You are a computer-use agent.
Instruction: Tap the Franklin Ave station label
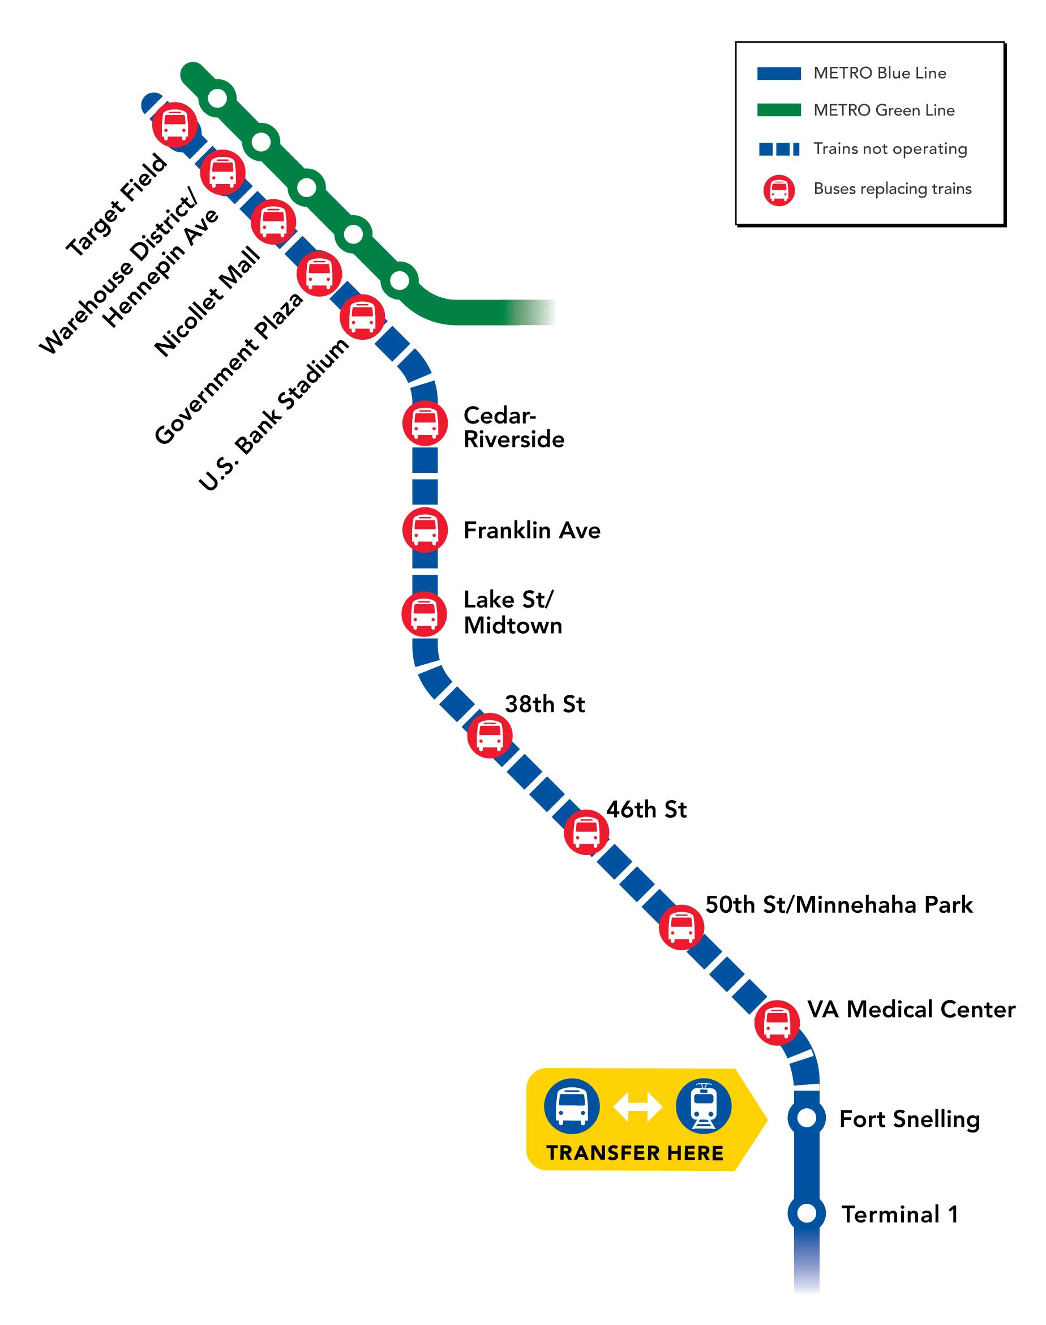pos(531,531)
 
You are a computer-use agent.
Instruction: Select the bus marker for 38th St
pos(490,735)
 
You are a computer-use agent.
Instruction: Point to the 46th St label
pos(647,809)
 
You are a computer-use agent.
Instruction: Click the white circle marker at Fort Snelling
pos(807,1118)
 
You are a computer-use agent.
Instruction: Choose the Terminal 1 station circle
pos(807,1213)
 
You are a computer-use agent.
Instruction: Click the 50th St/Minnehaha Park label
pos(839,905)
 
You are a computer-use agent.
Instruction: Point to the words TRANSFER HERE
pos(635,1153)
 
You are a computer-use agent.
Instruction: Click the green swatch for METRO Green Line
pos(779,110)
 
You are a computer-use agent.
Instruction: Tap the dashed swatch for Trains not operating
pos(779,149)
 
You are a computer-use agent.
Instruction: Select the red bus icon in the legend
pos(779,190)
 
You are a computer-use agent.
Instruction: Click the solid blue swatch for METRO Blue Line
pos(779,74)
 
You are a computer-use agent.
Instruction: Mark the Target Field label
pos(115,205)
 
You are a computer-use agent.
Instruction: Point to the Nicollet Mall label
pos(207,301)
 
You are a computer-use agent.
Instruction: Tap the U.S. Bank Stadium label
pos(274,414)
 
